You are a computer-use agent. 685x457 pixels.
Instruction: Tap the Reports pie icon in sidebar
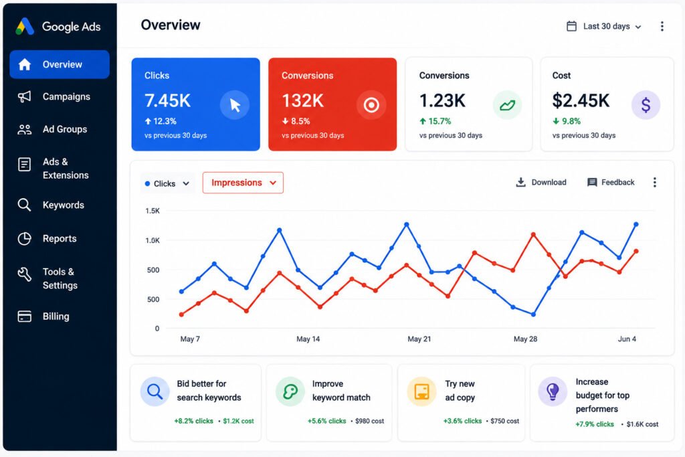[x=25, y=239]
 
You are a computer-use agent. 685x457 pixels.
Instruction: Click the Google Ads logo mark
[x=25, y=26]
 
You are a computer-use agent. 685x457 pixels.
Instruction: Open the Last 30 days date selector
[x=604, y=26]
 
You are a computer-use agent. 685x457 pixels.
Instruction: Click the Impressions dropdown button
[x=243, y=183]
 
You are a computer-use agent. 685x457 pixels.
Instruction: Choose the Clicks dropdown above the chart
[x=167, y=183]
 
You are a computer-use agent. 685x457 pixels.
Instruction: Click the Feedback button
[x=611, y=182]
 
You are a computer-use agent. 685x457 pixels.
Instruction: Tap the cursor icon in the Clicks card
[x=235, y=105]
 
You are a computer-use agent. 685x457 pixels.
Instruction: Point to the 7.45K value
[x=168, y=100]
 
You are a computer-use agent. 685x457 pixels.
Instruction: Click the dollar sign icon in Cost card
[x=646, y=105]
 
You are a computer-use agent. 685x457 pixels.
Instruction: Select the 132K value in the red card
[x=303, y=100]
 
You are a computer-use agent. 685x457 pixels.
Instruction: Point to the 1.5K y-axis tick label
[x=153, y=211]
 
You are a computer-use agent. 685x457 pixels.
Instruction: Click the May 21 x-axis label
[x=419, y=339]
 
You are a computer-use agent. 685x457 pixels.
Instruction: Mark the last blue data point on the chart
[x=636, y=224]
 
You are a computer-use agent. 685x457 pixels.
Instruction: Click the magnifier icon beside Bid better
[x=155, y=391]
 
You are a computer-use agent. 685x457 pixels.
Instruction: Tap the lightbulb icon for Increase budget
[x=553, y=391]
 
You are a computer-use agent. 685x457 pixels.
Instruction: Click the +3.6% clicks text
[x=463, y=421]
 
